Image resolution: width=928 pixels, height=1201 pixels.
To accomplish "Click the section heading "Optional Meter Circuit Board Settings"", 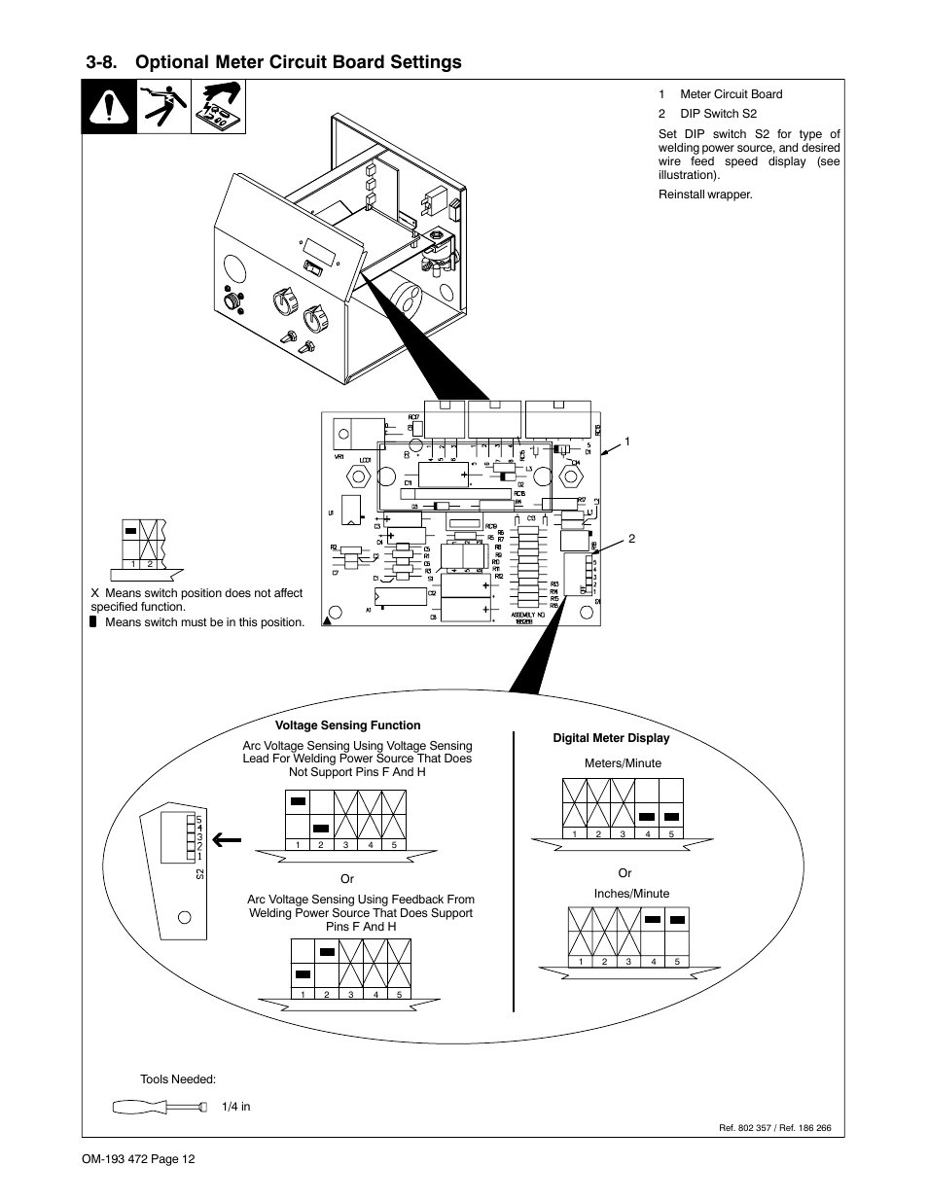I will (299, 62).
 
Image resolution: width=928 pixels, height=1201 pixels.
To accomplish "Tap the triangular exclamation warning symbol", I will (107, 107).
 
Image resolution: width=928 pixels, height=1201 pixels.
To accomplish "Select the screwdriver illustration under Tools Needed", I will (161, 1106).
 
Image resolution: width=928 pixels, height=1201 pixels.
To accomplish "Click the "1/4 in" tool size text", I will (235, 1107).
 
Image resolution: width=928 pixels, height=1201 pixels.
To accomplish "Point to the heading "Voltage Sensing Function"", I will (347, 725).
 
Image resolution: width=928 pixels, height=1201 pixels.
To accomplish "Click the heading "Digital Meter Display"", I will (611, 738).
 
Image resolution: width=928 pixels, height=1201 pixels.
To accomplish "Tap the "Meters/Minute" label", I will (623, 763).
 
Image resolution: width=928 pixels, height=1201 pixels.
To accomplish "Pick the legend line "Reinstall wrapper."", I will (705, 194).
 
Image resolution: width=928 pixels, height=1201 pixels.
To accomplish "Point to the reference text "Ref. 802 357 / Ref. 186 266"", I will (774, 1128).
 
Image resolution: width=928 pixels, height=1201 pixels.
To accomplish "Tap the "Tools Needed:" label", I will (178, 1079).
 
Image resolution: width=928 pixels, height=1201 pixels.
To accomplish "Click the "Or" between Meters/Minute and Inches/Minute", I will (625, 873).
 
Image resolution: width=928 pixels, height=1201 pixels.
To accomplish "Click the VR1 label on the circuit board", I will (339, 457).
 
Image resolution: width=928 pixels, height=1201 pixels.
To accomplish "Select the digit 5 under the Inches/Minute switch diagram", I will (676, 963).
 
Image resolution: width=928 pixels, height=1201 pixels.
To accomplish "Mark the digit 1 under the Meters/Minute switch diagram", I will (575, 834).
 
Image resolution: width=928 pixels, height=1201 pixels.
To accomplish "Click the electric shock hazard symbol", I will (164, 107).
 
